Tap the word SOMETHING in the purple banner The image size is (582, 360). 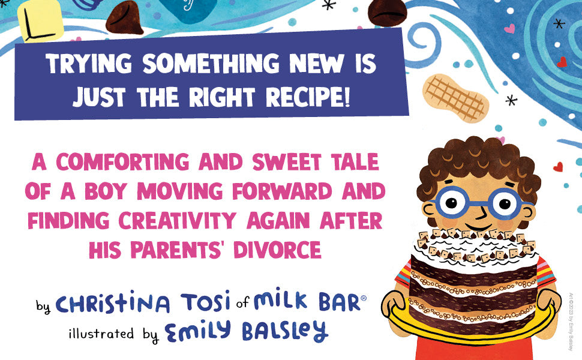pos(211,63)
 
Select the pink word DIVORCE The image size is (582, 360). pos(277,250)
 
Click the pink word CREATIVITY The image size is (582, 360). pos(178,220)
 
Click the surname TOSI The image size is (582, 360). pos(205,301)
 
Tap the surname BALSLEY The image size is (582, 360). pos(285,331)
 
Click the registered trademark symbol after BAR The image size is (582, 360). pos(364,298)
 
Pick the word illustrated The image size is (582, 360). pos(101,333)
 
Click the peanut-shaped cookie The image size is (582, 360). pos(455,97)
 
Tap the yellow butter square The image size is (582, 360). pos(40,19)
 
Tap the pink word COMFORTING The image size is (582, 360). pos(123,162)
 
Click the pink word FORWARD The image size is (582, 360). pos(282,191)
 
